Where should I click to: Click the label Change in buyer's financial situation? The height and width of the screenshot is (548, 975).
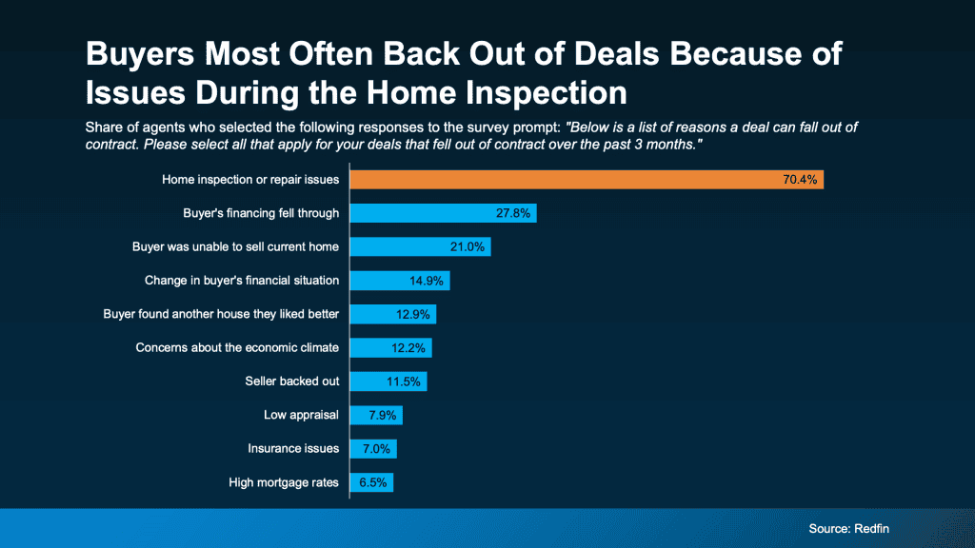click(242, 281)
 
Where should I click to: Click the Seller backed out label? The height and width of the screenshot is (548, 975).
click(291, 382)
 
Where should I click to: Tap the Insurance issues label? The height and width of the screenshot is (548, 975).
click(292, 449)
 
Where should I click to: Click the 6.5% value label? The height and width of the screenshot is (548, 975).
click(372, 482)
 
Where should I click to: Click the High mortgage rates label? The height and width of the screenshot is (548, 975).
click(284, 482)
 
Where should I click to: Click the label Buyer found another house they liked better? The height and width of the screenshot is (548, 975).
click(221, 314)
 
